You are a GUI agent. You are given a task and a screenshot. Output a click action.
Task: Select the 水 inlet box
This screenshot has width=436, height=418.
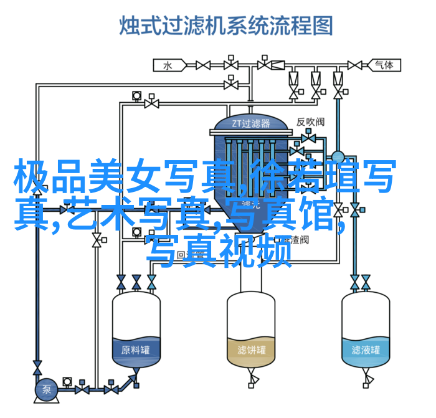click(x=168, y=64)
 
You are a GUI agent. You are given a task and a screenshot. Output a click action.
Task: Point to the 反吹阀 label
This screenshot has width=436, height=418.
click(x=310, y=121)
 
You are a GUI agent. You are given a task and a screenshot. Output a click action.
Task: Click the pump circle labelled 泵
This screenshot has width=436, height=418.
click(x=47, y=391)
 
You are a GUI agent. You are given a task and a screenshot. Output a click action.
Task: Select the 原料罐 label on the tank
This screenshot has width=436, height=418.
click(x=136, y=349)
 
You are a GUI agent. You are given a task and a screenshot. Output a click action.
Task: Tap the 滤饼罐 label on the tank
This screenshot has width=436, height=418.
click(x=250, y=349)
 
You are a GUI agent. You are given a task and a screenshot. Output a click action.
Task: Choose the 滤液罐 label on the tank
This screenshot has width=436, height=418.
click(x=366, y=349)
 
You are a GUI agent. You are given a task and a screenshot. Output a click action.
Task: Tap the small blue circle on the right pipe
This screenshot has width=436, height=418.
click(x=338, y=157)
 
